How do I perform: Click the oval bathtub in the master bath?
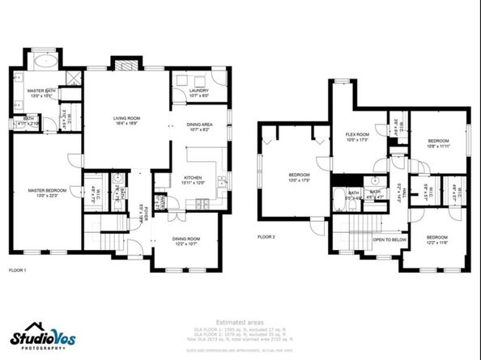tap(45, 61)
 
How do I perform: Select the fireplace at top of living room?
tap(126, 66)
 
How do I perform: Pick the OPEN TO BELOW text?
tap(389, 239)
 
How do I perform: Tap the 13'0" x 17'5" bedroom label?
tap(300, 177)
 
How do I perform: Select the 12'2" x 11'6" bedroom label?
tap(437, 239)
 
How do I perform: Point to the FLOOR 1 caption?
tap(17, 269)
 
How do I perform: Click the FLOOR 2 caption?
tap(266, 237)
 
